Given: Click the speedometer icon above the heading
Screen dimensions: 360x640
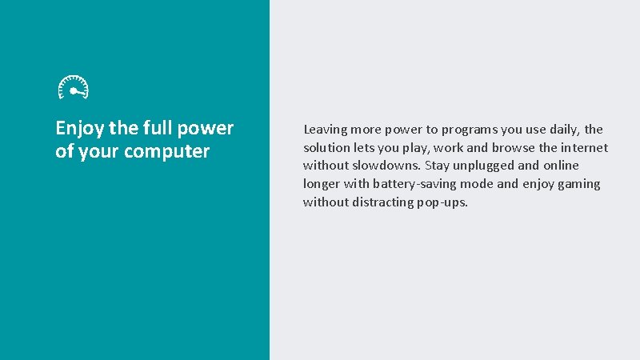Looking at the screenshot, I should pos(74,87).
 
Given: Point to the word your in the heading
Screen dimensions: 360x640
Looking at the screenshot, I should pos(98,151).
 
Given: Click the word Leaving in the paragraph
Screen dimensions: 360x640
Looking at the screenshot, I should pos(325,130).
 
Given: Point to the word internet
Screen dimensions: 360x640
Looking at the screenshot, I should pos(582,148).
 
